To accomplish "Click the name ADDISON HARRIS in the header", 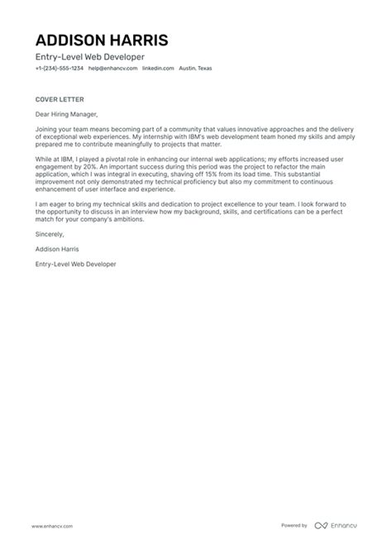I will coord(102,41).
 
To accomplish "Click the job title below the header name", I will coord(79,56).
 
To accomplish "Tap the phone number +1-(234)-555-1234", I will coord(59,69).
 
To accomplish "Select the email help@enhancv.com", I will coord(112,69).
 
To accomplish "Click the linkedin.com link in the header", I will coord(158,69).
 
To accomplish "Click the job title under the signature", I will coord(76,264).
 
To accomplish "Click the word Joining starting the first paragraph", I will coord(49,130).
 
